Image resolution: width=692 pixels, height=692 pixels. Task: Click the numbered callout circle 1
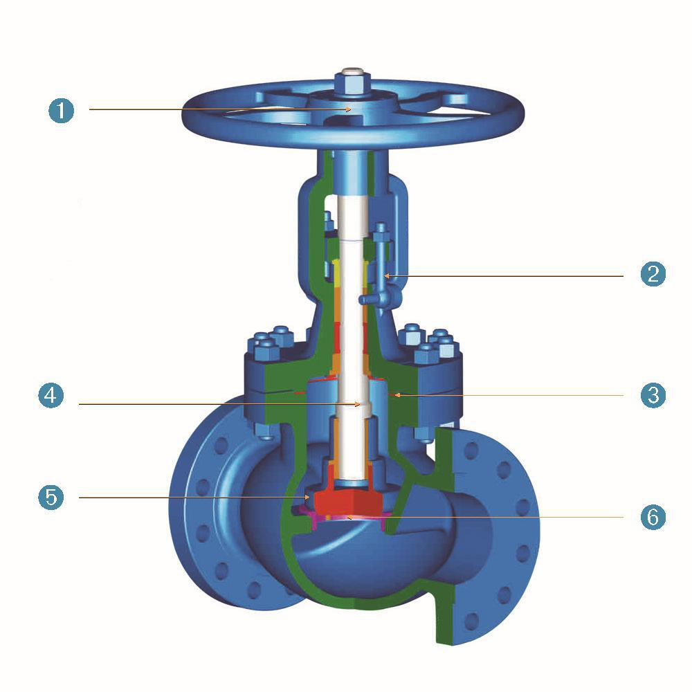pyautogui.click(x=61, y=110)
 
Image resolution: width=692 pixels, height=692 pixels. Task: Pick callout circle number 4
pyautogui.click(x=51, y=396)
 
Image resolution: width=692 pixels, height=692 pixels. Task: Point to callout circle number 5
pyautogui.click(x=51, y=497)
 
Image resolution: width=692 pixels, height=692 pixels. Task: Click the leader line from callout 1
pyautogui.click(x=208, y=109)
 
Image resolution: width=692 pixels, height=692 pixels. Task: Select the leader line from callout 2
pyautogui.click(x=505, y=275)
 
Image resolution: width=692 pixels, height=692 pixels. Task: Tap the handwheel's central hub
pyautogui.click(x=350, y=104)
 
